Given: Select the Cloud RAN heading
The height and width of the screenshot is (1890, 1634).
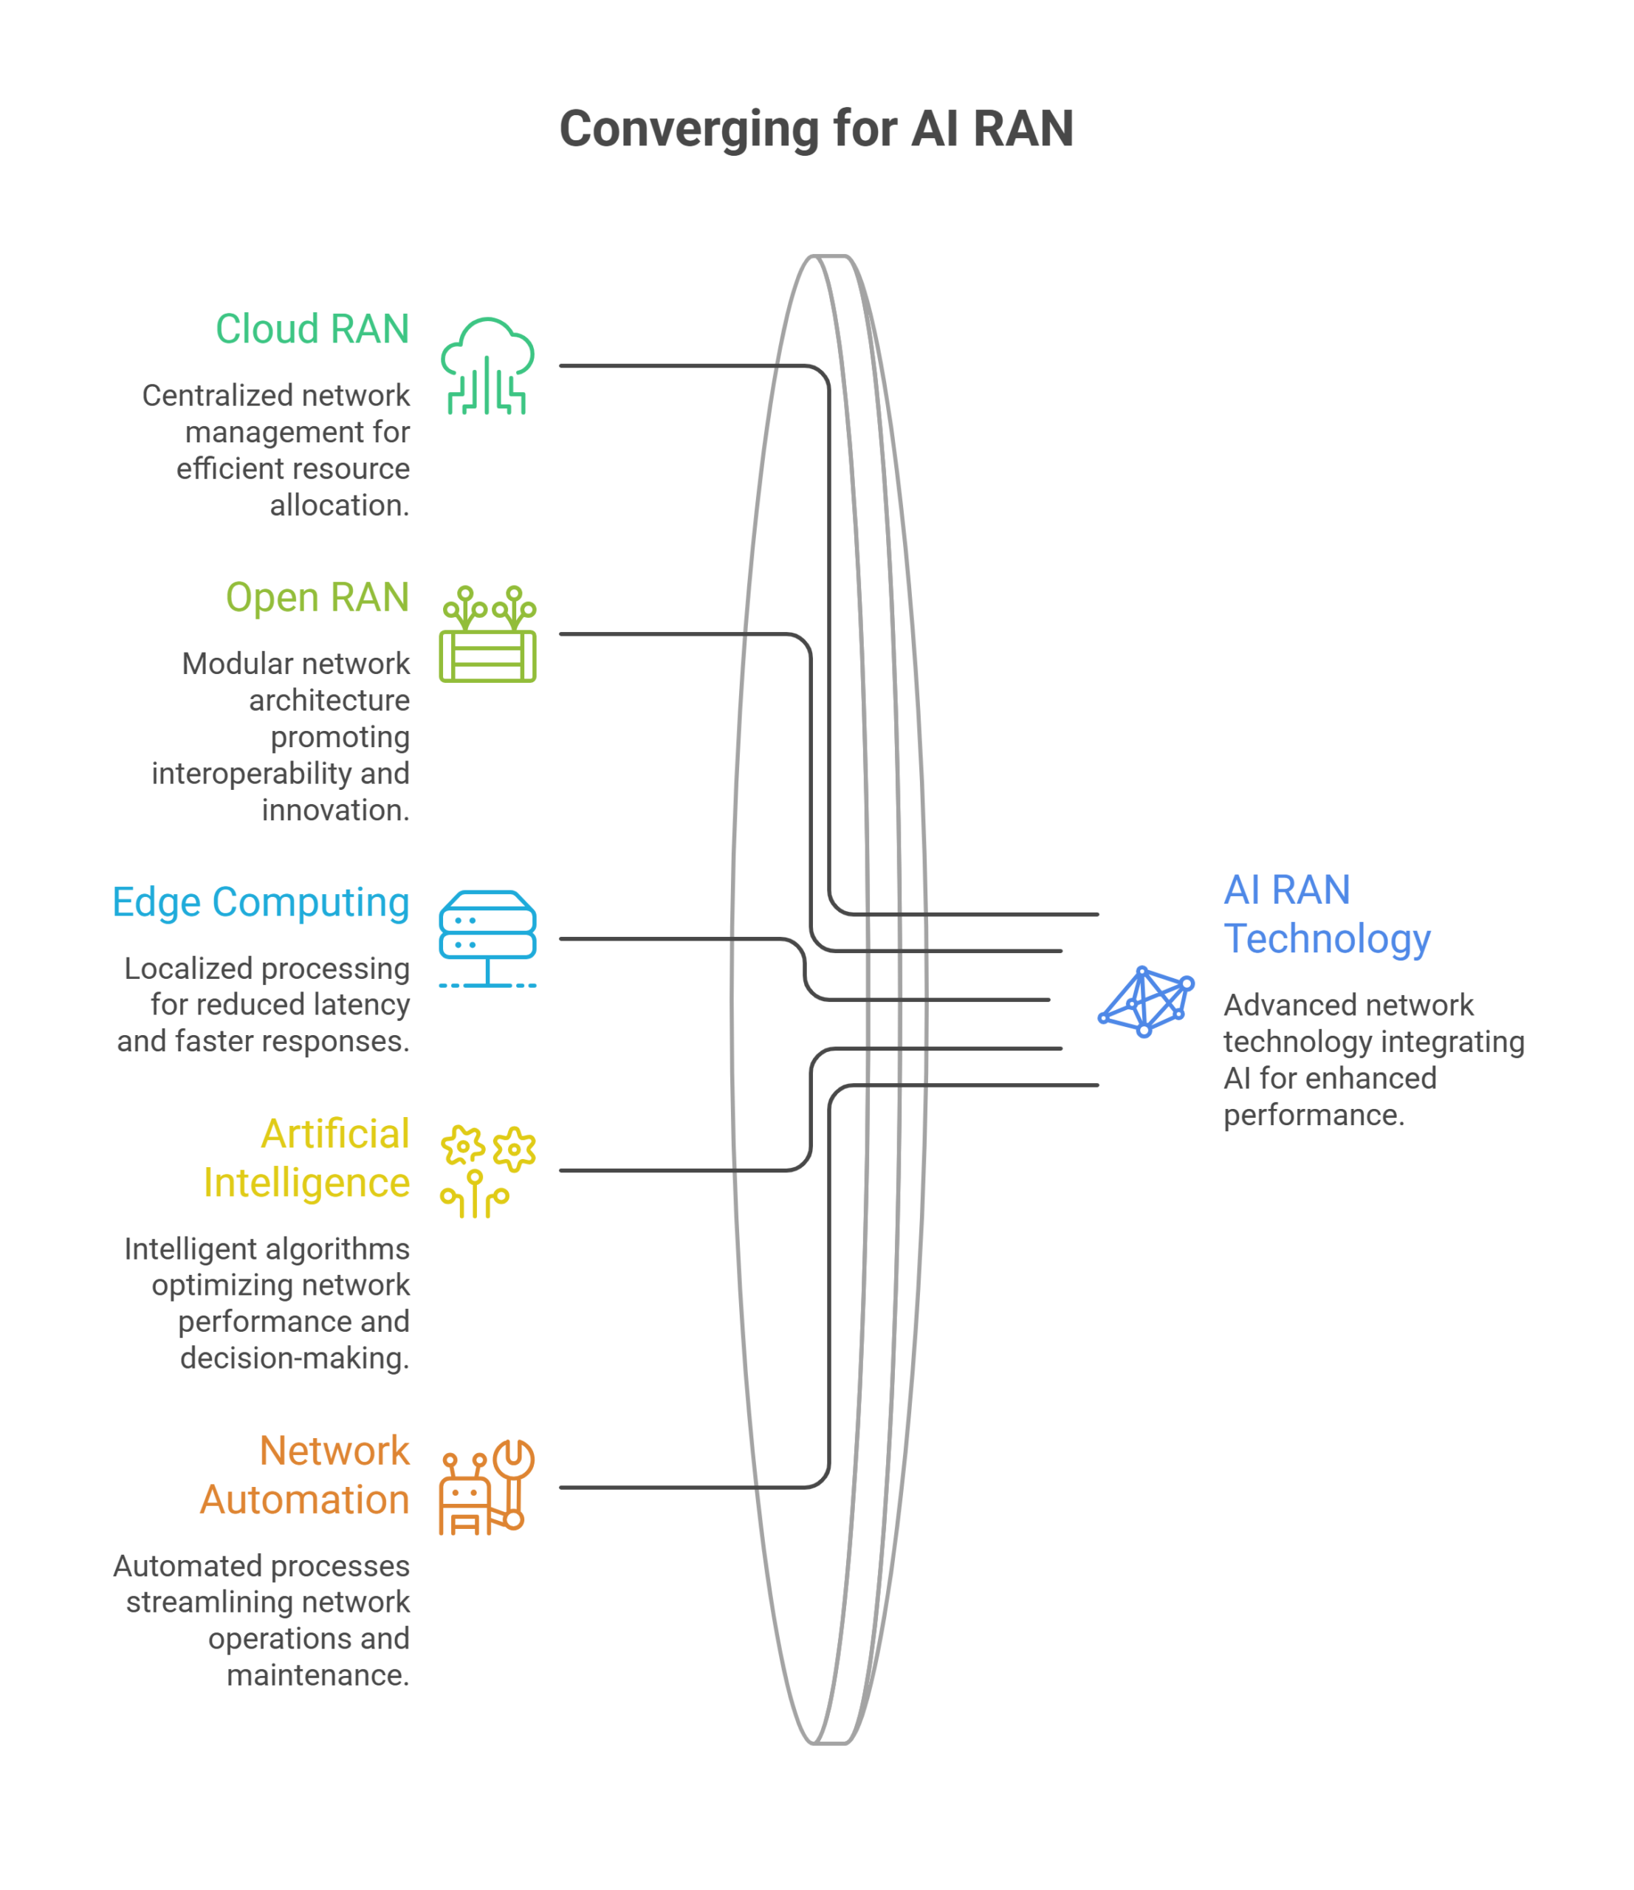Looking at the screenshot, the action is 312,329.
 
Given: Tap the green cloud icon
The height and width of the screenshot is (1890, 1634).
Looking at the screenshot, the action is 487,365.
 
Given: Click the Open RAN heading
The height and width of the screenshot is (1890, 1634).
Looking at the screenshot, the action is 317,597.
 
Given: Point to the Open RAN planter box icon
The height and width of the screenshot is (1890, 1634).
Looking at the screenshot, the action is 487,634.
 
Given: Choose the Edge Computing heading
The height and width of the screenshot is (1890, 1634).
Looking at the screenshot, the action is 260,903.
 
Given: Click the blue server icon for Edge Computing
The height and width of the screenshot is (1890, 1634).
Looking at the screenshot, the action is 487,940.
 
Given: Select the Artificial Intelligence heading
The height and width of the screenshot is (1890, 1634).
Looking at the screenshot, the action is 306,1158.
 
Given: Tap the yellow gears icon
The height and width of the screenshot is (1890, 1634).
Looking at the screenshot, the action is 487,1171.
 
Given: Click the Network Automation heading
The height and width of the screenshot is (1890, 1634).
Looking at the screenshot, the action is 305,1475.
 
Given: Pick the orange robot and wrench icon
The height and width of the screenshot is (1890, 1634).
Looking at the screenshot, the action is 487,1488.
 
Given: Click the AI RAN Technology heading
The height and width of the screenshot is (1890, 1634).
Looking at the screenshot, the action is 1327,914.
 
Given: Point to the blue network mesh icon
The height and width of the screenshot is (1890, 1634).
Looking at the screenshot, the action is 1146,1002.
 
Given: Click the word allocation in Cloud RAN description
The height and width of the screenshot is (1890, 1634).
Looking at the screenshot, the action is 340,505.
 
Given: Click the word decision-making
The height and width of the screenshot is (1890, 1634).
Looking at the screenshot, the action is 295,1358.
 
